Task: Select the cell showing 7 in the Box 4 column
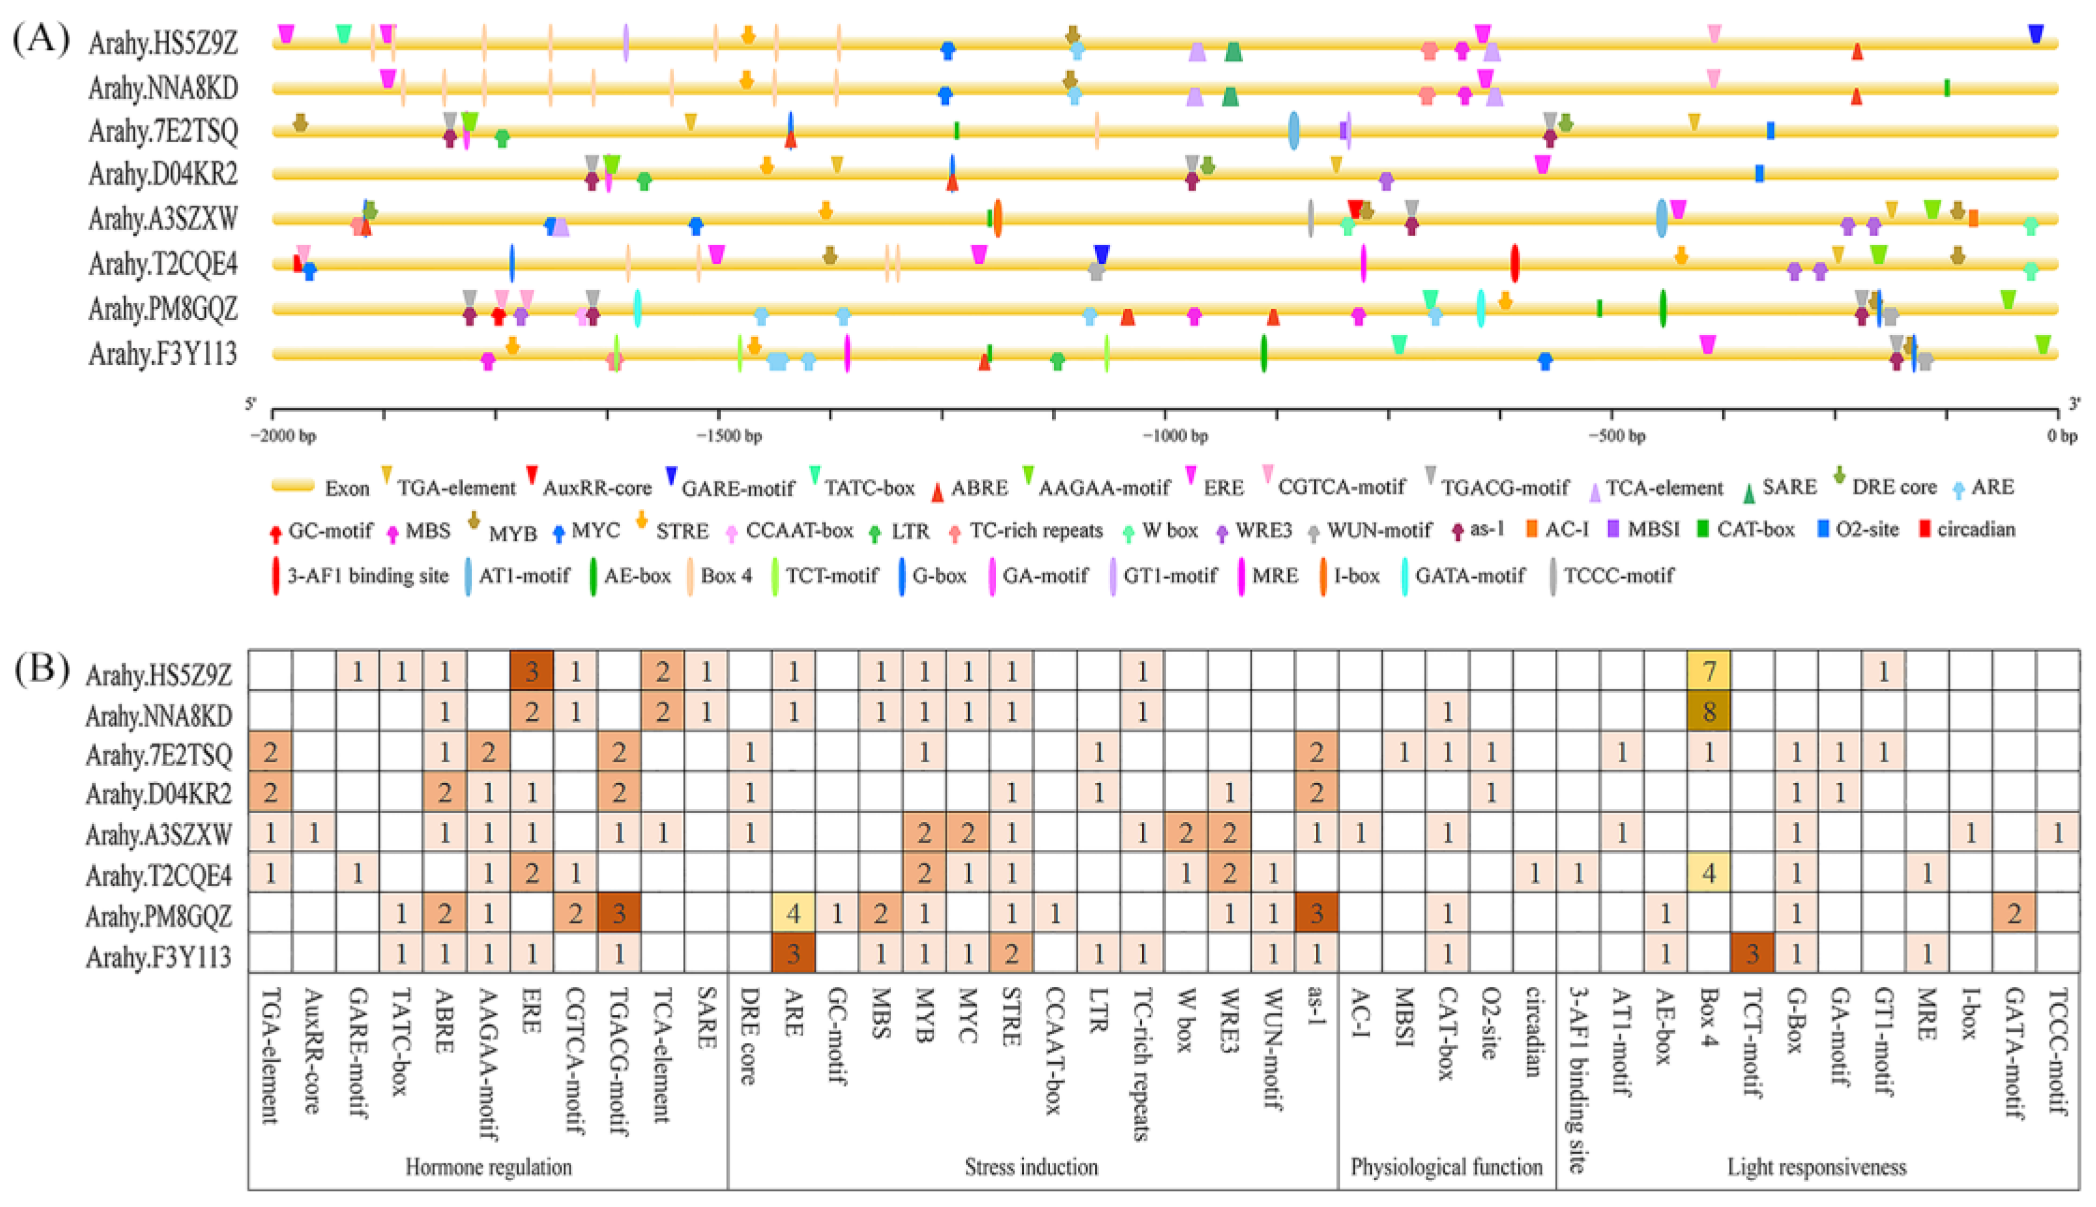(x=1707, y=671)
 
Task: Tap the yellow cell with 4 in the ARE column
(x=793, y=914)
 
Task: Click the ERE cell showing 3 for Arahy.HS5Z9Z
(x=532, y=671)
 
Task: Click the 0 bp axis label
(x=2062, y=436)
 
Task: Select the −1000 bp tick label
(x=1174, y=436)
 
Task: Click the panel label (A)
(x=41, y=38)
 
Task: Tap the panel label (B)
(x=41, y=669)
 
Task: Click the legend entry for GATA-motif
(x=1469, y=575)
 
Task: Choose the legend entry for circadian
(x=1975, y=530)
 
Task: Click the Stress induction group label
(x=1030, y=1167)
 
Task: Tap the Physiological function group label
(x=1446, y=1167)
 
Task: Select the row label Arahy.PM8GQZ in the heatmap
(x=158, y=916)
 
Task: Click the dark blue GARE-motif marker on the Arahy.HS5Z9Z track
(x=2035, y=34)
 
